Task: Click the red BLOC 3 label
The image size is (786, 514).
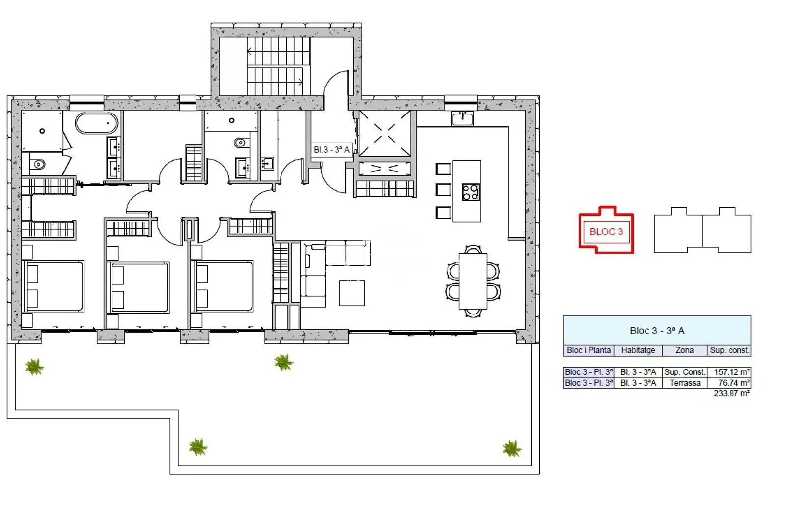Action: coord(606,232)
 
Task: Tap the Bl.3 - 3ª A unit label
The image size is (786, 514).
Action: coord(332,150)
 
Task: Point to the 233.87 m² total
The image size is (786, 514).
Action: coord(731,393)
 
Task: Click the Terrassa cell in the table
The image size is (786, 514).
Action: coord(685,383)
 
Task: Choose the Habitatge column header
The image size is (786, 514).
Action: coord(638,350)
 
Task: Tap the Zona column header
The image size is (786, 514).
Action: coord(685,350)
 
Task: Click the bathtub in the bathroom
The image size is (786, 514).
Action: coord(96,123)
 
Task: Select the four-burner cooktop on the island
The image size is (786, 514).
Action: coord(471,193)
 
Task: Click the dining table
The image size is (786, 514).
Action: coord(473,281)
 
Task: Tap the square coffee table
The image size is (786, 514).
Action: coord(352,293)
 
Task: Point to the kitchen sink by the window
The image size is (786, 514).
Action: coord(462,119)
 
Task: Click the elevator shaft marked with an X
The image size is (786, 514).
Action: coord(385,134)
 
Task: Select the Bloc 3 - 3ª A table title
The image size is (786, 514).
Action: coord(657,331)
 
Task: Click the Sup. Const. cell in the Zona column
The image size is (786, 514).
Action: coord(684,372)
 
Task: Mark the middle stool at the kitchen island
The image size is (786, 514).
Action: coord(443,190)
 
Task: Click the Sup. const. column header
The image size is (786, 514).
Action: coord(730,350)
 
